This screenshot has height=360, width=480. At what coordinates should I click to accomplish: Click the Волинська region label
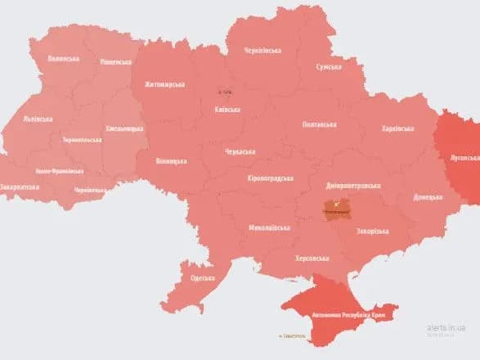pos(63,58)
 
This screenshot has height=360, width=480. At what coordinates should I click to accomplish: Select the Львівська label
pos(38,118)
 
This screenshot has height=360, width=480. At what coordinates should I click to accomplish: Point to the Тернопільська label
pos(82,140)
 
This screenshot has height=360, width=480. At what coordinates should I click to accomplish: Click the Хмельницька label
pos(124,128)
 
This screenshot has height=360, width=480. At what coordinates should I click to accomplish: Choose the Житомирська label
pos(165,83)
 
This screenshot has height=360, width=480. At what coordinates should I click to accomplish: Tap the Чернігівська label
pos(262,51)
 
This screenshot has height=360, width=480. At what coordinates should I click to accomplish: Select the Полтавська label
pos(319,124)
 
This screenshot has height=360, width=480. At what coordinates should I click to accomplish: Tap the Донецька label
pos(427,197)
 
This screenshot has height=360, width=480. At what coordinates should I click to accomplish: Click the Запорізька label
pos(372,231)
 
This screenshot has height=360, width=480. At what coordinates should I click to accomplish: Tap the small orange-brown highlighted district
pos(337,208)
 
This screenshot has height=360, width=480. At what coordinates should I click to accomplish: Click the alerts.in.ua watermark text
pos(448,325)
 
